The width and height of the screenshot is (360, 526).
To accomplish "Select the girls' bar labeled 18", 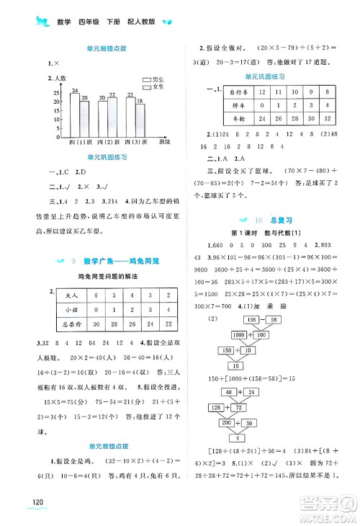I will coord(140,120).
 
